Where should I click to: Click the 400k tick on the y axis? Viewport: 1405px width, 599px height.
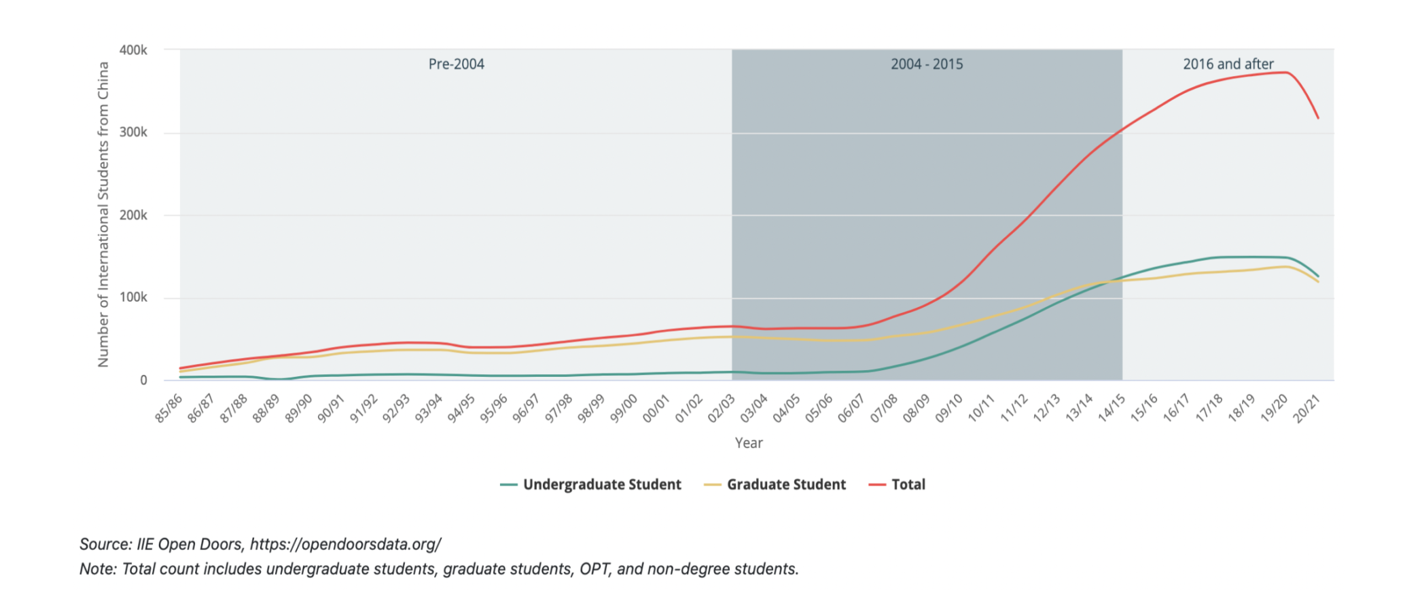click(133, 50)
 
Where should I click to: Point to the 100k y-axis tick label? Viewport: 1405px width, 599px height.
click(133, 297)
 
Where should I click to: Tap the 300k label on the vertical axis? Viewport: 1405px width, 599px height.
click(133, 132)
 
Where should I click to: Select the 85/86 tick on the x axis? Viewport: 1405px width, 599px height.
click(168, 408)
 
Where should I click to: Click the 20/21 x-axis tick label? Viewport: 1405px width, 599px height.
click(1306, 408)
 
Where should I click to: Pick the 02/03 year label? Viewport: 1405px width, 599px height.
click(722, 408)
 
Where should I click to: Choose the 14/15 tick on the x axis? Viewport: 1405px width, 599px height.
click(1111, 408)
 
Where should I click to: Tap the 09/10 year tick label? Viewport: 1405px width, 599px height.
click(949, 408)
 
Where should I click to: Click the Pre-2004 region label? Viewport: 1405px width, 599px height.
click(456, 65)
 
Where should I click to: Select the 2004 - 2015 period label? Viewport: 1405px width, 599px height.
click(927, 65)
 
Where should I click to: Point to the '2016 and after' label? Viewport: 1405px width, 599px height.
click(1228, 65)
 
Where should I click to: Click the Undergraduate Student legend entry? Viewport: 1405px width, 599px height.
click(601, 485)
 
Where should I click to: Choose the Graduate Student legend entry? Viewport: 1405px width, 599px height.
click(786, 485)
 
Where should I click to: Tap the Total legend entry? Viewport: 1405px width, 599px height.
click(908, 485)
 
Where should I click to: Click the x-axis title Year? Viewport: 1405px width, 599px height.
click(749, 443)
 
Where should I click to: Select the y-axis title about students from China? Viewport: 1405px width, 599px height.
click(103, 215)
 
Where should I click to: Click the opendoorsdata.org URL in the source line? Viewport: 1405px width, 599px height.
click(345, 545)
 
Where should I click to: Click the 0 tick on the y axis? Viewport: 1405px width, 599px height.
click(143, 380)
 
